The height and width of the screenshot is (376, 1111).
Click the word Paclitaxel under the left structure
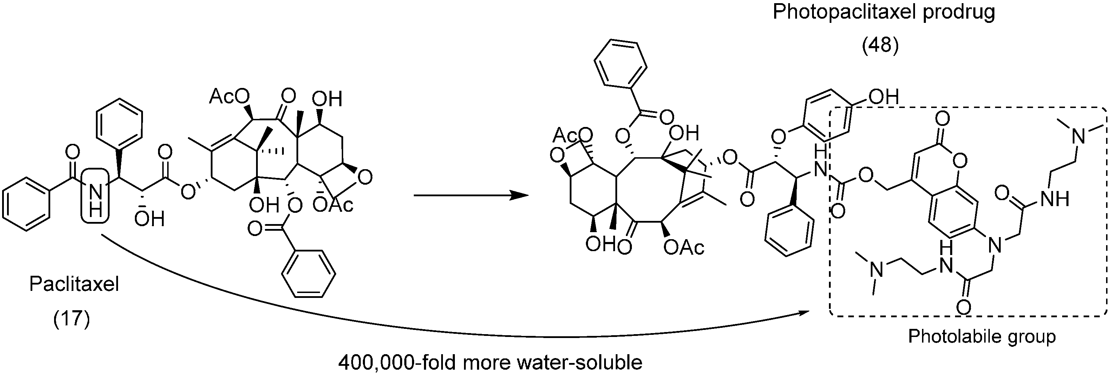(x=74, y=285)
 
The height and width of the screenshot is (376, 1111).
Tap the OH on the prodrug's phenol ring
(x=883, y=97)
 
